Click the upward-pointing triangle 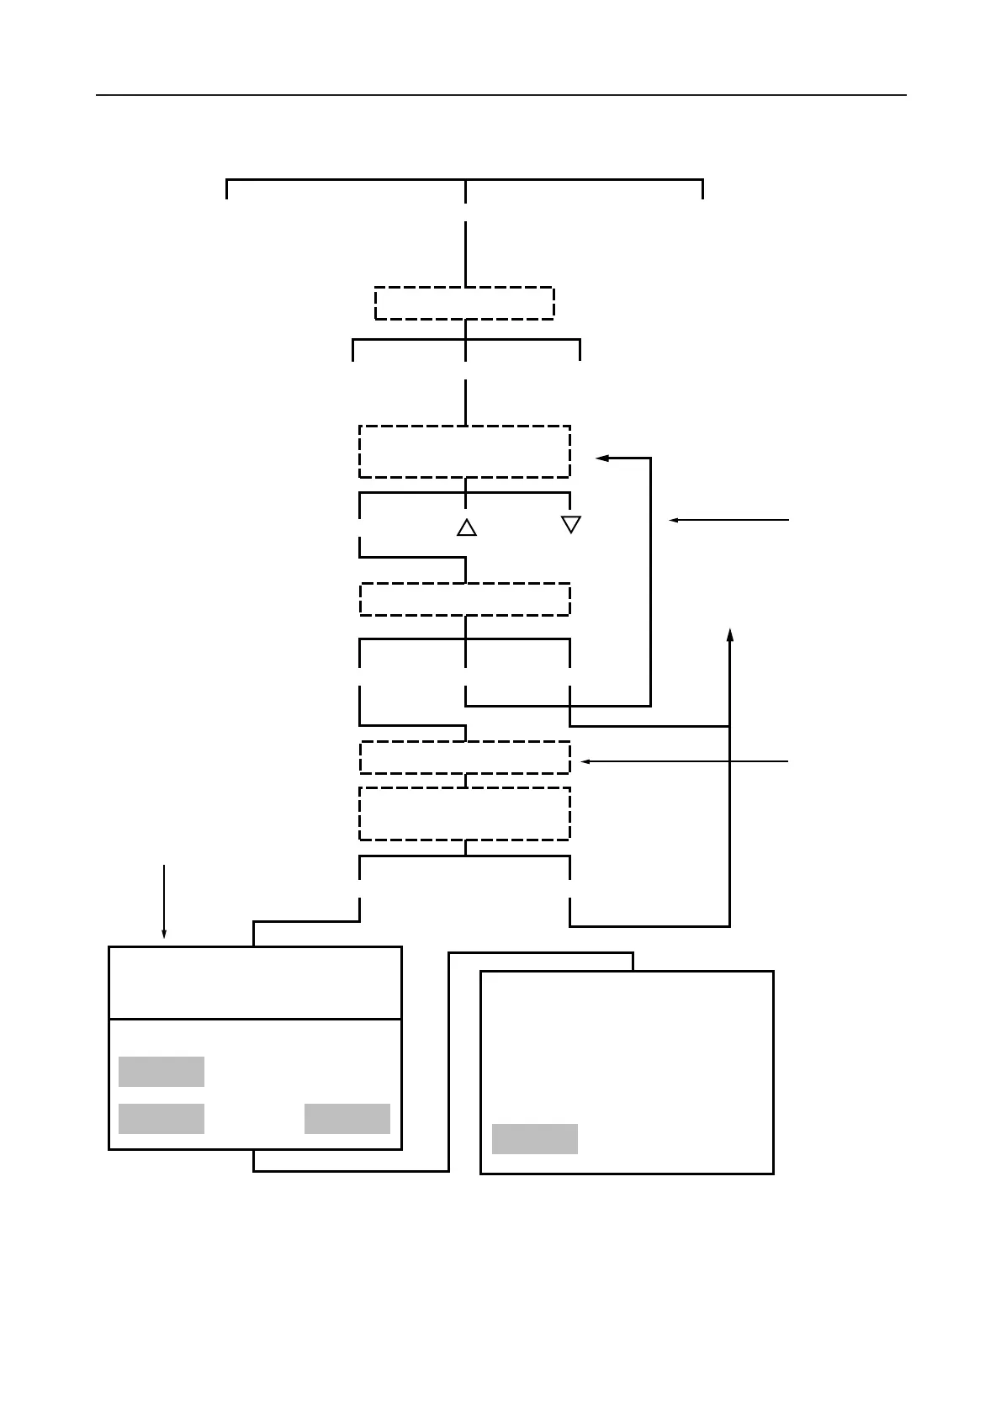467,528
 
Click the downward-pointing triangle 571,523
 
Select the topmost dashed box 464,303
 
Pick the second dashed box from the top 464,452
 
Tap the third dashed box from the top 464,599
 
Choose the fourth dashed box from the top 464,757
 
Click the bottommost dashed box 464,813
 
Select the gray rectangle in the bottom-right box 535,1139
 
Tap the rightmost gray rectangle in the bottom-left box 347,1119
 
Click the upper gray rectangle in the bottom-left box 162,1072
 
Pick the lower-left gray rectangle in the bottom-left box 162,1119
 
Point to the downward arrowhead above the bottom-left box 164,934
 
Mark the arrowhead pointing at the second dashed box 601,458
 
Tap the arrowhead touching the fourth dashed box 586,761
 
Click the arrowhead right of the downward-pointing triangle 674,521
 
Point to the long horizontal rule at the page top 501,95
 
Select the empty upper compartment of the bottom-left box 255,983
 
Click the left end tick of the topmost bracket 227,190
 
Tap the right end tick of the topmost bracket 702,190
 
